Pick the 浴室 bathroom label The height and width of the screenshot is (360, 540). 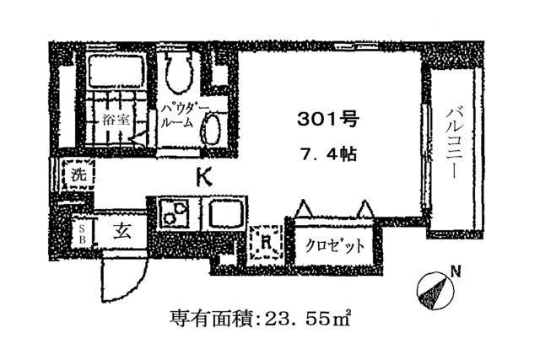tap(116, 121)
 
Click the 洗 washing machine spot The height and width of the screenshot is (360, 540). tap(77, 177)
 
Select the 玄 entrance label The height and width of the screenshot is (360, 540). tap(123, 230)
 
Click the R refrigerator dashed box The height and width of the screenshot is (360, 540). tap(266, 241)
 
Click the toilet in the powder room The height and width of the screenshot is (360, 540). tap(179, 72)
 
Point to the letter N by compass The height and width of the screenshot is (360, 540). tap(456, 271)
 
